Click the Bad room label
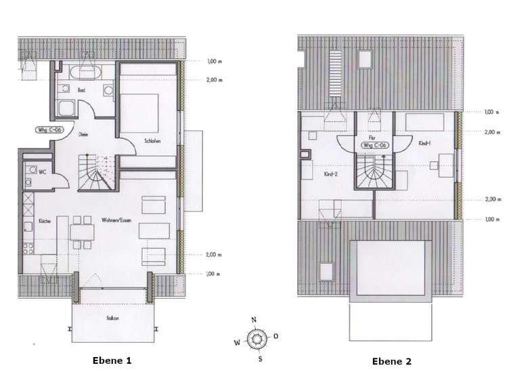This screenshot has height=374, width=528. click(81, 89)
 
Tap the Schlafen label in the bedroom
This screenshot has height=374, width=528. click(153, 141)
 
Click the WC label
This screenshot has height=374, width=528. click(42, 171)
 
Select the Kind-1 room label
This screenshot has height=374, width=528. click(425, 144)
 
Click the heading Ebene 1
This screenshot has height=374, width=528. click(112, 360)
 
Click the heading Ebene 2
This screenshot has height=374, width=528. click(391, 361)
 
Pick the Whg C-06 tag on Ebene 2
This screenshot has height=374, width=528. click(375, 145)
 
